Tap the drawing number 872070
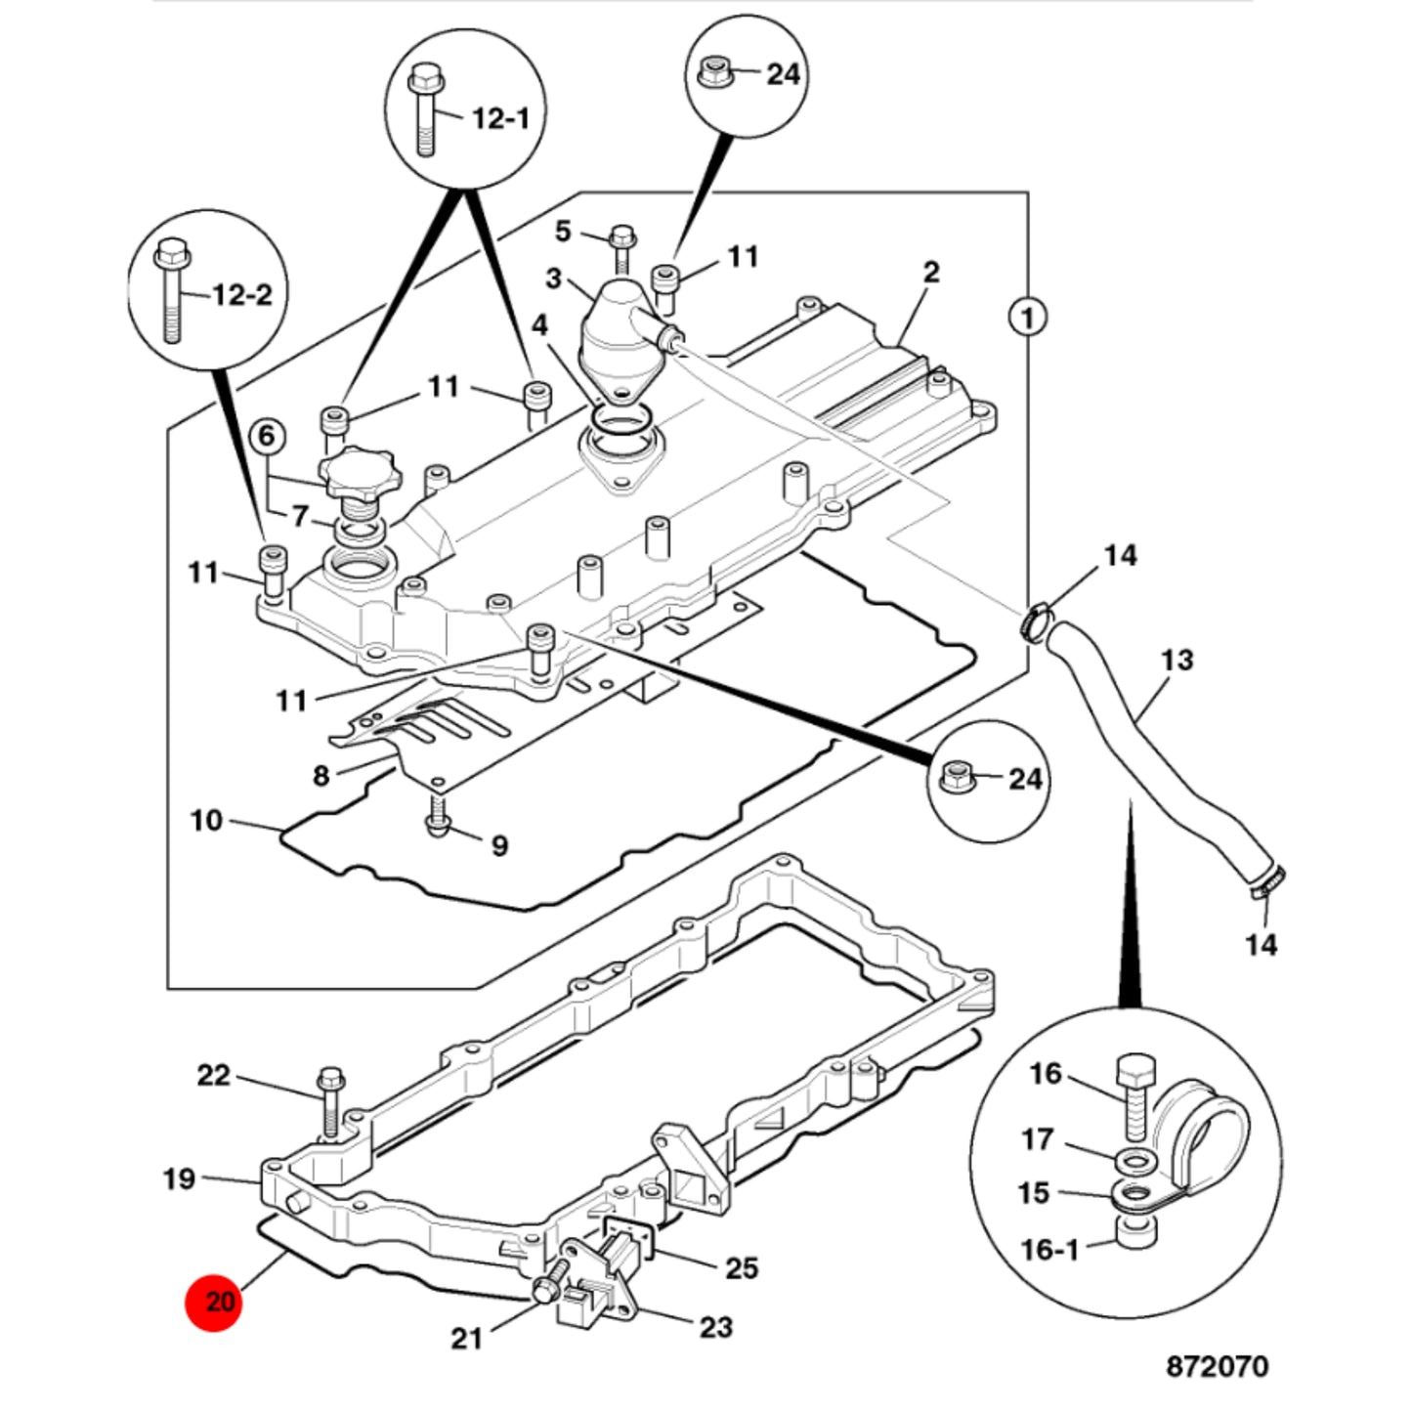(x=1218, y=1366)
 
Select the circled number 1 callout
(x=1028, y=318)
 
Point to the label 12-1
(x=500, y=117)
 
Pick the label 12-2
(x=241, y=294)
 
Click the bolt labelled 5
(x=622, y=247)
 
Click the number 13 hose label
(x=1177, y=661)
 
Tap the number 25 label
(x=741, y=1267)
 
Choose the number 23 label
(x=716, y=1327)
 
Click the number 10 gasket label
(x=206, y=820)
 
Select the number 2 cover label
(x=930, y=273)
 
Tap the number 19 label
(x=179, y=1179)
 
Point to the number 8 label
(x=321, y=776)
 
